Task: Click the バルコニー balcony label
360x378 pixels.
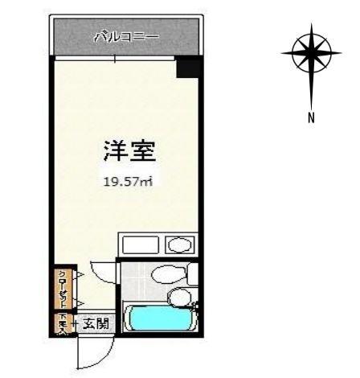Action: [x=127, y=36]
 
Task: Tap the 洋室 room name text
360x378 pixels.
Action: [x=129, y=150]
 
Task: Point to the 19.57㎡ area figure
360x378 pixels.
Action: [x=127, y=181]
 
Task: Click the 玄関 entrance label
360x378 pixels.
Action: [x=94, y=324]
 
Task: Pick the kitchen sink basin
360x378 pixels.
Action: [x=141, y=245]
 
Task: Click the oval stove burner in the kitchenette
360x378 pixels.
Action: [x=178, y=245]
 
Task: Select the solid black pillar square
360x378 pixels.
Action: [x=188, y=68]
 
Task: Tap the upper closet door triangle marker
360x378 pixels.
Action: [x=80, y=276]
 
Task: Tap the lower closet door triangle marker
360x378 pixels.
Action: [x=80, y=302]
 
